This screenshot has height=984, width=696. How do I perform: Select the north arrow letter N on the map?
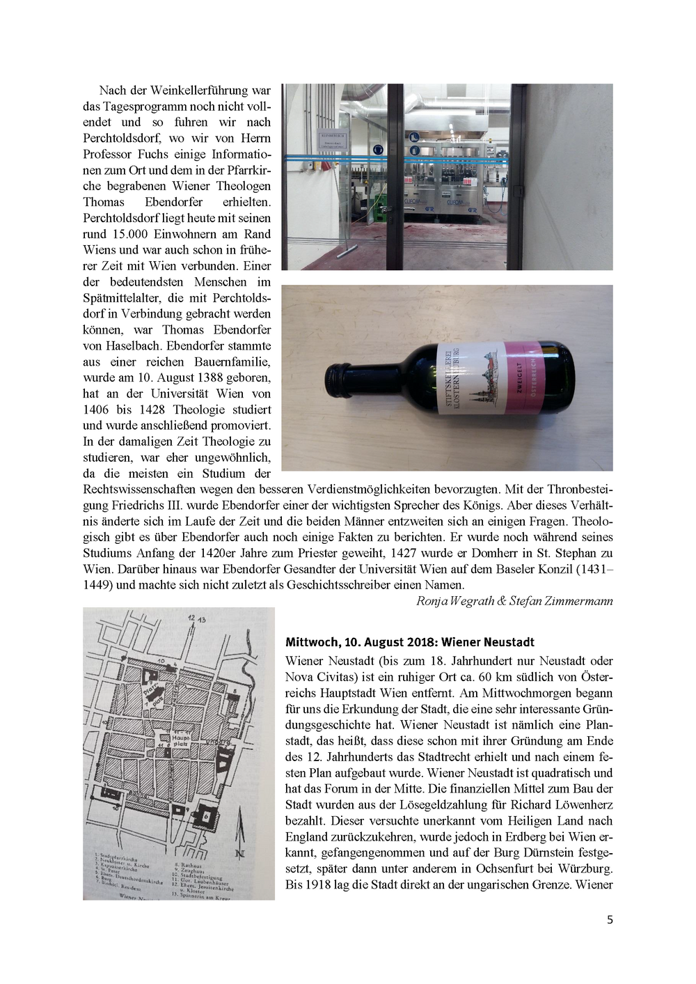click(239, 852)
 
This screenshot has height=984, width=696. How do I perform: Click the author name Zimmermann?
click(579, 601)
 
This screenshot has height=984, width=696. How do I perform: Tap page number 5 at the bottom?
click(610, 919)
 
